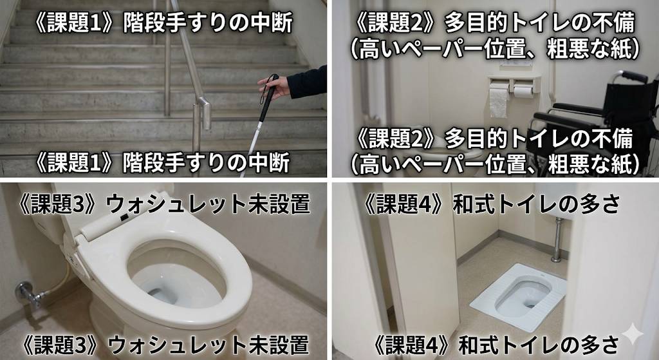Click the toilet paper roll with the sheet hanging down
(x=499, y=100)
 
